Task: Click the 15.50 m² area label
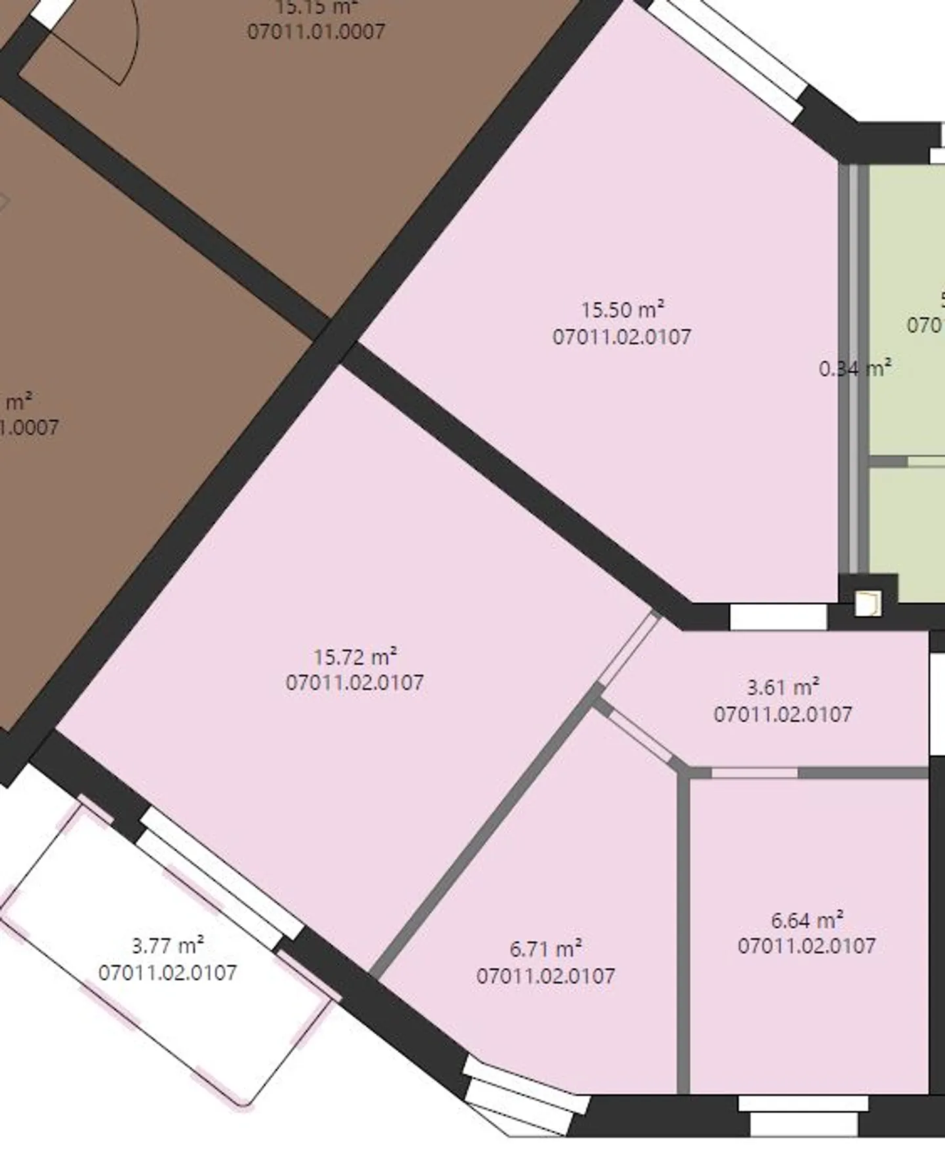point(622,309)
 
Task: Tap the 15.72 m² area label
point(355,656)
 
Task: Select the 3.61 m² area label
point(783,687)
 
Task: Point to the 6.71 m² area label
point(546,949)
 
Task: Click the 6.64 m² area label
point(807,920)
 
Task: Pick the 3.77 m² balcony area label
point(168,945)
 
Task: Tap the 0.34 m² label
point(854,368)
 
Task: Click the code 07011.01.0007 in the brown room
point(316,31)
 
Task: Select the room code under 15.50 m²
point(622,337)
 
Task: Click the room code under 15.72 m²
point(355,682)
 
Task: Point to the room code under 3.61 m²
point(783,714)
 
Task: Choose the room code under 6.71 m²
point(546,975)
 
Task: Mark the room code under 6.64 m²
point(807,946)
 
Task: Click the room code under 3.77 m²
point(168,972)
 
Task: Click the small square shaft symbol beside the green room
point(867,603)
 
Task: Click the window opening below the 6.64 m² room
point(803,1114)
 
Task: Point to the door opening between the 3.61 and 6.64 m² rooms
point(755,773)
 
